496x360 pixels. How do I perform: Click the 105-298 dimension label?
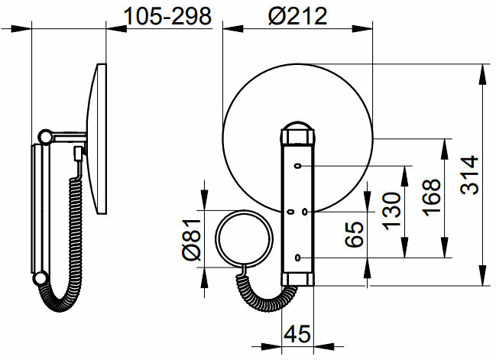click(x=167, y=17)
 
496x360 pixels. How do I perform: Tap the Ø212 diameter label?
click(x=297, y=17)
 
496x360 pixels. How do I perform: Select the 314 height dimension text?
click(x=469, y=174)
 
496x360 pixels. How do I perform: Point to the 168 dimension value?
click(x=432, y=198)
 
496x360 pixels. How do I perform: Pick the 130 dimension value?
click(x=391, y=211)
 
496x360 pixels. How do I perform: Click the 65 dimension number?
click(x=354, y=235)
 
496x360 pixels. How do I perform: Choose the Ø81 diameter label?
click(x=191, y=239)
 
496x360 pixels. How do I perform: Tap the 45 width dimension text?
click(x=297, y=334)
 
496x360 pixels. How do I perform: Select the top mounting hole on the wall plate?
click(x=297, y=165)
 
